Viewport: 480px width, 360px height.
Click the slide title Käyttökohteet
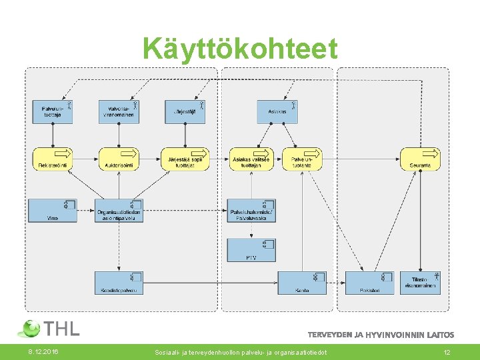240,48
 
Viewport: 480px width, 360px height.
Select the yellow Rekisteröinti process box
52,159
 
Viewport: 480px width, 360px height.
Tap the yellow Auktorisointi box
119,159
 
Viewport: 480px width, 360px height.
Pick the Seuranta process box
420,159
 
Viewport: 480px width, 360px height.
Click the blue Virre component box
52,211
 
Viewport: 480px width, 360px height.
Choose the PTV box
251,250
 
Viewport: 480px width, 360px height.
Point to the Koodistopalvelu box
119,283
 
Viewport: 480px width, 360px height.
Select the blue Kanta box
301,283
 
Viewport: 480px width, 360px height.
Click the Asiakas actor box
277,111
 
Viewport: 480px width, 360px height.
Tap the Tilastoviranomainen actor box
420,283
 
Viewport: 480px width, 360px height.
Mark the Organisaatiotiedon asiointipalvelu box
119,211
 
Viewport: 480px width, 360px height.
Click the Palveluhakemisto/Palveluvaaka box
251,211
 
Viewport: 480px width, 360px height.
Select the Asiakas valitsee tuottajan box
251,159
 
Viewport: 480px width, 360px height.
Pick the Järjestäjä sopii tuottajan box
185,159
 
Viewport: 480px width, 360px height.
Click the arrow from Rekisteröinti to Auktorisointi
85,159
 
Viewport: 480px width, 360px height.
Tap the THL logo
50,328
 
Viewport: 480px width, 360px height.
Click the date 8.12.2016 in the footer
43,351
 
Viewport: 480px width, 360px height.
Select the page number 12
447,351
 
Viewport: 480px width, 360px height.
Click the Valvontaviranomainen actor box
119,111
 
